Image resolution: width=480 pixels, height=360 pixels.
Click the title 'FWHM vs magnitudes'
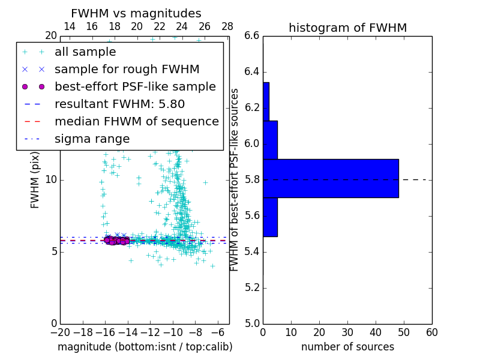(136, 13)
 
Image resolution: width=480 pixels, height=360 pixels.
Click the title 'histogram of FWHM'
(347, 28)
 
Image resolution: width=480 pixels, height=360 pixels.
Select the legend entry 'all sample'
(85, 52)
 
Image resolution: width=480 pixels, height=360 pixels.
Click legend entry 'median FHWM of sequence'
(136, 121)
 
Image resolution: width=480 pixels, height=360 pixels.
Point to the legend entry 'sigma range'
(92, 139)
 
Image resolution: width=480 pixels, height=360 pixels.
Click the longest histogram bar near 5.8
(331, 178)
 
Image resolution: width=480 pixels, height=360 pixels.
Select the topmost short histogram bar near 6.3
(266, 101)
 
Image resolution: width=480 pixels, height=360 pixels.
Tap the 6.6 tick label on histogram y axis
(252, 36)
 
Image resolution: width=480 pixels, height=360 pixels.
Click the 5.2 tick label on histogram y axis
(252, 287)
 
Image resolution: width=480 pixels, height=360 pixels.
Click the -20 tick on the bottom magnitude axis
(60, 332)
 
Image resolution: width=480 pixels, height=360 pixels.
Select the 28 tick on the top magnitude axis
(227, 26)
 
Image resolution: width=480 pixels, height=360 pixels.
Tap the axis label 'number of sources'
(347, 347)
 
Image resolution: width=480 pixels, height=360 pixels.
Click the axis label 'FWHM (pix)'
(35, 180)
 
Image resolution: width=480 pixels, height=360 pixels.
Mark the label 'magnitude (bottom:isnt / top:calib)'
(145, 347)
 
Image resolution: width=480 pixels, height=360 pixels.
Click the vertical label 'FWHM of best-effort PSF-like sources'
(235, 179)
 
